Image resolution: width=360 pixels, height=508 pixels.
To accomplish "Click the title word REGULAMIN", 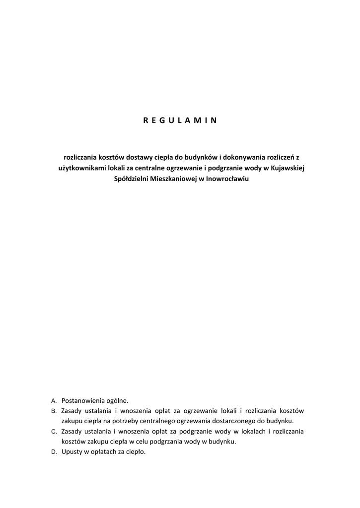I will (x=180, y=120).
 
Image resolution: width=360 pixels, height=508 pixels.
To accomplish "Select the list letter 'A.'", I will (x=54, y=400).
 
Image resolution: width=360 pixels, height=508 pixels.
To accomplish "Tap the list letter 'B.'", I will (x=54, y=411).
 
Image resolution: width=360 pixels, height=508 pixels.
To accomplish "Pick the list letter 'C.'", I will (x=54, y=432).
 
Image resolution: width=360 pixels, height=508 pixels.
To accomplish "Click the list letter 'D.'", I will (x=54, y=452).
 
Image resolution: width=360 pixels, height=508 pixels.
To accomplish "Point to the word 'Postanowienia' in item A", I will (x=81, y=400).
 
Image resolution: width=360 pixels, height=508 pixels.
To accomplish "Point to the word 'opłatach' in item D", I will (x=103, y=452).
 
